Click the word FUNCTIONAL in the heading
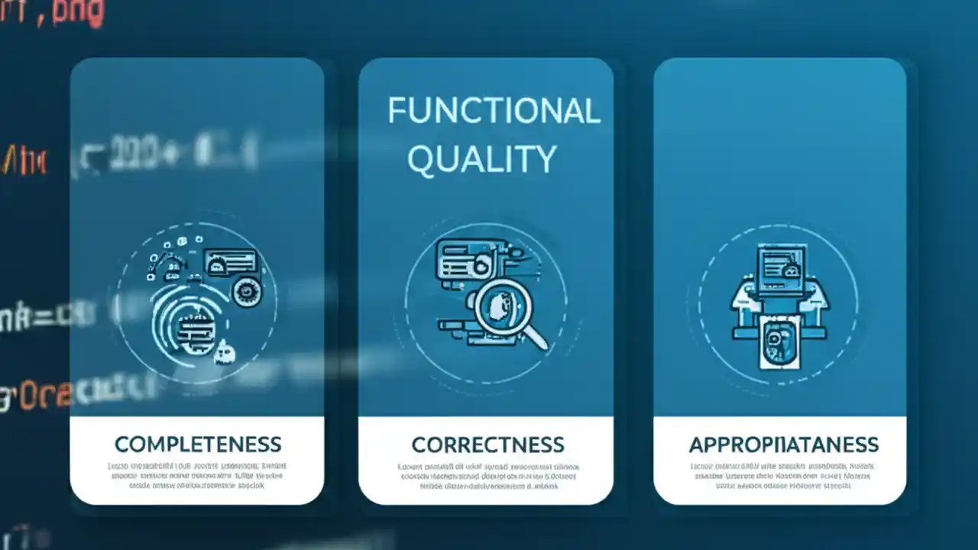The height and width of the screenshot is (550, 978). click(494, 112)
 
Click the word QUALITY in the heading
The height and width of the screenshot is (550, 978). click(481, 159)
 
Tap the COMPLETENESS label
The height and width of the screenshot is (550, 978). click(198, 444)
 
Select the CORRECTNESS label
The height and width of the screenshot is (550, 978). click(487, 445)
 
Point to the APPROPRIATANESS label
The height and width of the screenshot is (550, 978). click(783, 445)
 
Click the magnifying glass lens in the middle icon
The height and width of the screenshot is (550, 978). click(500, 305)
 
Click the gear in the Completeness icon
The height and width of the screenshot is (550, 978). click(247, 292)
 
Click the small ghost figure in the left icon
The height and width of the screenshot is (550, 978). click(223, 352)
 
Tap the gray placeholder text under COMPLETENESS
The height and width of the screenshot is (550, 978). click(197, 475)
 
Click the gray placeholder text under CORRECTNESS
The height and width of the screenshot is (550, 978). click(487, 475)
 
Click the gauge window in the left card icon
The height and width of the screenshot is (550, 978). click(231, 262)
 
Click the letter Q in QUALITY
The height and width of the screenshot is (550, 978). click(423, 160)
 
